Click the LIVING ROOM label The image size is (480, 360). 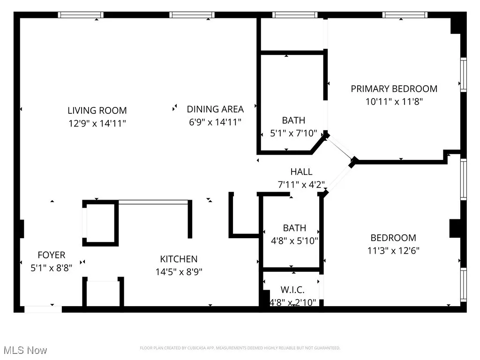point(97,111)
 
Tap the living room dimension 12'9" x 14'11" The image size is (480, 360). point(97,123)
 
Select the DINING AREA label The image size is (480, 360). point(215,109)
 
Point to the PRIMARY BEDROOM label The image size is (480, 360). point(394,89)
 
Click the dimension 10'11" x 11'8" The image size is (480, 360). point(394,101)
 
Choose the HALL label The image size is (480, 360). point(301,172)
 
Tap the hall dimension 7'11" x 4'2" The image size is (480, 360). point(301,184)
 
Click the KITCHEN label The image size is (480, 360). point(179,259)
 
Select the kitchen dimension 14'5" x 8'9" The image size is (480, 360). point(179,271)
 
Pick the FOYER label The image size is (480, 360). point(51,255)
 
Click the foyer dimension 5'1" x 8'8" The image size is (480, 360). point(51,268)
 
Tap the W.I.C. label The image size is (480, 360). point(293,290)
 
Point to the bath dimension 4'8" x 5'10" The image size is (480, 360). point(294,241)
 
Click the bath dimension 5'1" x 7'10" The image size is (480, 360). point(293,133)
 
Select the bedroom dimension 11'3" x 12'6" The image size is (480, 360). point(393,250)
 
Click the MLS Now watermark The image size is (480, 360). point(25,350)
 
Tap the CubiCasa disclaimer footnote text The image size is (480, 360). point(240,348)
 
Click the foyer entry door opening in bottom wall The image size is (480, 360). point(43,309)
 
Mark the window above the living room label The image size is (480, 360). point(80,15)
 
